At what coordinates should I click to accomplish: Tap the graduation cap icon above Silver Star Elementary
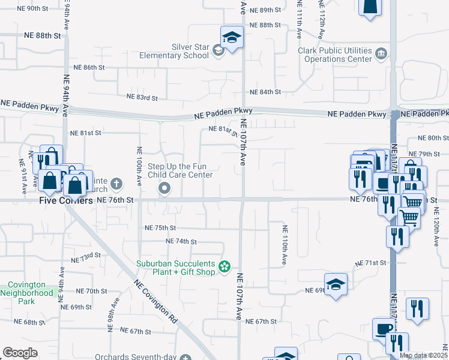(231, 38)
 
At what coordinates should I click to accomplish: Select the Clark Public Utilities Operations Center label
(335, 55)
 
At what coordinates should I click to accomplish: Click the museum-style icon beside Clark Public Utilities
(381, 55)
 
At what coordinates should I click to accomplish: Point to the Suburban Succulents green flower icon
(225, 266)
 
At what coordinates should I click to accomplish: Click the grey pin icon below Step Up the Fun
(164, 190)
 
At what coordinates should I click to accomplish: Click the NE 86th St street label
(89, 67)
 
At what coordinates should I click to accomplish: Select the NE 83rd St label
(142, 97)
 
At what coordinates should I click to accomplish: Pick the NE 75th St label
(160, 228)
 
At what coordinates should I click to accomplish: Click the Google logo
(20, 353)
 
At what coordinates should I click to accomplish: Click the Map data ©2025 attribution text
(423, 355)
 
